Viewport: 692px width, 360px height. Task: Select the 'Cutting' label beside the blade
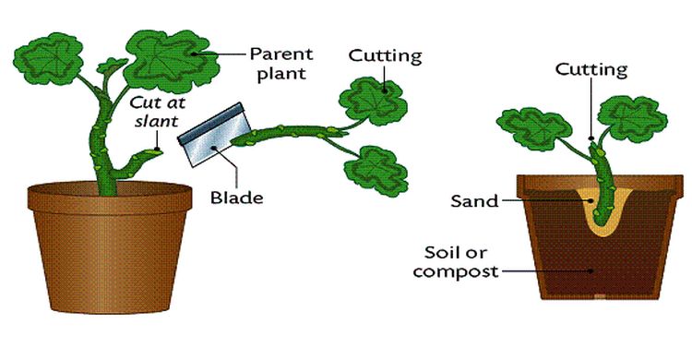[x=384, y=54]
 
